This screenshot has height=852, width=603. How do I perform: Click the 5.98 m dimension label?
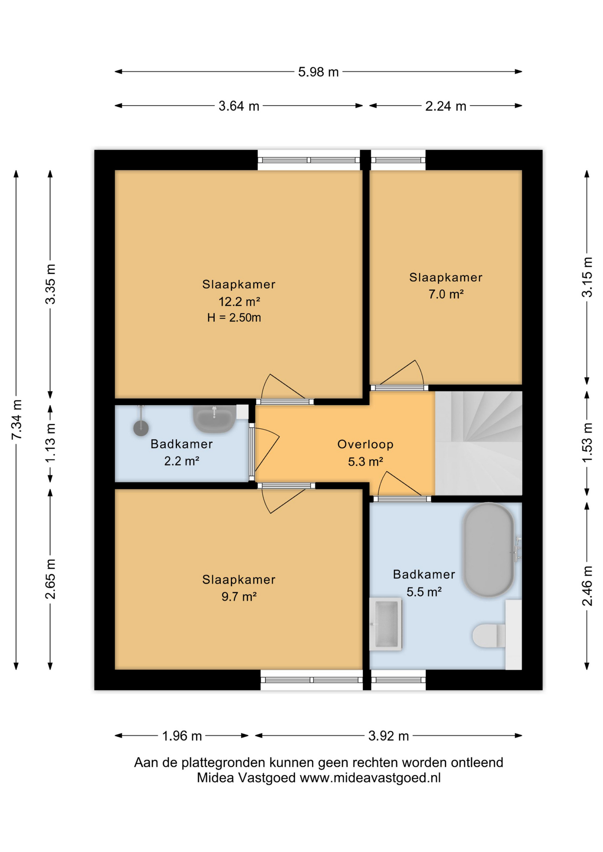pos(318,72)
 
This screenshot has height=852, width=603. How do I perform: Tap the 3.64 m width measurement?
pos(238,106)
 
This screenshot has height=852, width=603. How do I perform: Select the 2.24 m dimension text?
pos(445,106)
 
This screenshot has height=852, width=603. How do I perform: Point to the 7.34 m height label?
pos(16,419)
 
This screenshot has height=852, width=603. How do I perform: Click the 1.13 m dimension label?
pos(51,442)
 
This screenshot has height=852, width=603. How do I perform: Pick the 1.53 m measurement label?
pos(587,442)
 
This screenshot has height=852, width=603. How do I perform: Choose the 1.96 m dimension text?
pos(182,736)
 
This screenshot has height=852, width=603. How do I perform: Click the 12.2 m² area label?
pos(239,302)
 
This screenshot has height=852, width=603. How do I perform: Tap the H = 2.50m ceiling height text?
pos(234,318)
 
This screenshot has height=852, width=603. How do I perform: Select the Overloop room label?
pos(365,444)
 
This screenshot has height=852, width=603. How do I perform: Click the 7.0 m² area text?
pos(446,294)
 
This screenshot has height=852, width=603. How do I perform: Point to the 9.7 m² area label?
pos(239,596)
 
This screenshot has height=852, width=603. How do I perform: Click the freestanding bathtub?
pos(488,550)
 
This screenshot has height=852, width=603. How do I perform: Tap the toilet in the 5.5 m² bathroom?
pos(489,635)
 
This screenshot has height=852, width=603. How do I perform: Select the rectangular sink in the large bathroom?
pos(386,624)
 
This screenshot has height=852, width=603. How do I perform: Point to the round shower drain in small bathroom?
pos(141,428)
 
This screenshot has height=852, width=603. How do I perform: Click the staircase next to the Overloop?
pos(479,443)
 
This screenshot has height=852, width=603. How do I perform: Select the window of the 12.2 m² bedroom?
pos(309,160)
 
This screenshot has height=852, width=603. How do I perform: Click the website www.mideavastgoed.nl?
pos(370,778)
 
